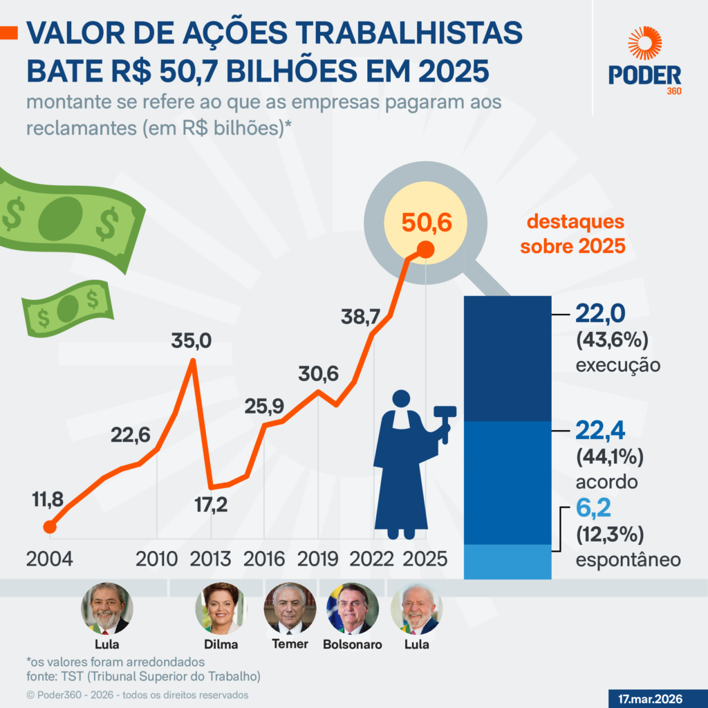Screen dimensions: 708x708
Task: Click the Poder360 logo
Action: [644, 62]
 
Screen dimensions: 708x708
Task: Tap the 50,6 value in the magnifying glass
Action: [425, 223]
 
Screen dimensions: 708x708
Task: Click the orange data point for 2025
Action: [426, 250]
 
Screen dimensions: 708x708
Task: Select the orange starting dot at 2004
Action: [49, 528]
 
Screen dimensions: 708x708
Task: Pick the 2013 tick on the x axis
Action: [211, 559]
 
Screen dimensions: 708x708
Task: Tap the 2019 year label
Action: [318, 559]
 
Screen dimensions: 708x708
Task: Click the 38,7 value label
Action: [360, 317]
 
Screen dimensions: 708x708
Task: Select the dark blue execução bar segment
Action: [507, 358]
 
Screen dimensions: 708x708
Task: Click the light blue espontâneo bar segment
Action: [507, 561]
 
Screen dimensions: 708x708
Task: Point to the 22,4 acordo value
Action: [600, 431]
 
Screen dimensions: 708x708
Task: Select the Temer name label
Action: [289, 644]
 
